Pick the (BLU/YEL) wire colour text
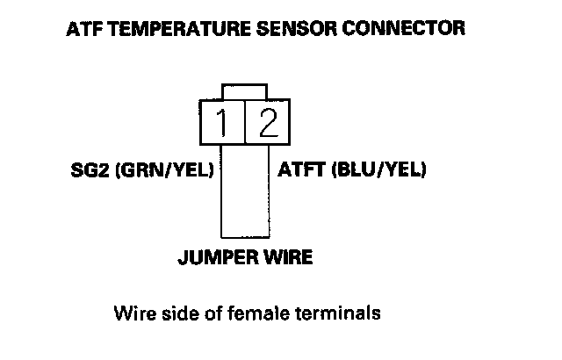click(380, 169)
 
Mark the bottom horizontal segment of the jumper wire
click(244, 236)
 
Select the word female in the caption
click(257, 312)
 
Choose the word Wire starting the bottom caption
click(131, 312)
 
